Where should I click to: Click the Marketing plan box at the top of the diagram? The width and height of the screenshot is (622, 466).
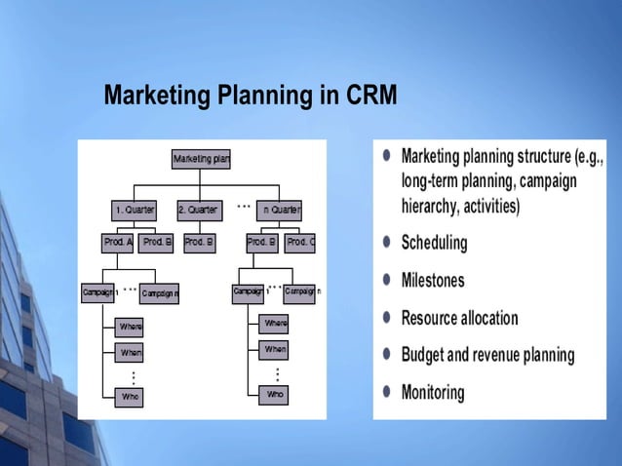tap(201, 158)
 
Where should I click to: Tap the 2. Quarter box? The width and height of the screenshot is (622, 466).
tap(199, 211)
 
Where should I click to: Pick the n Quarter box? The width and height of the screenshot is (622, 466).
tap(279, 211)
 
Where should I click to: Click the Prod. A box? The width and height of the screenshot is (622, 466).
tap(117, 242)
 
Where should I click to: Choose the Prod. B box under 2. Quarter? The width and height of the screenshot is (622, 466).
tap(199, 242)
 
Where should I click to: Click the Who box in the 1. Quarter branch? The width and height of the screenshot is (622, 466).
tap(130, 397)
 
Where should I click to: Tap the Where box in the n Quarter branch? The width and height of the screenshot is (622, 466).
tap(275, 323)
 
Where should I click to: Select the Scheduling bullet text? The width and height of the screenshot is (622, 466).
tap(434, 243)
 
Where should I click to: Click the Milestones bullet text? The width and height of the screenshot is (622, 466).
tap(433, 281)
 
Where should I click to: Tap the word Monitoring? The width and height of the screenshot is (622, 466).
tap(433, 393)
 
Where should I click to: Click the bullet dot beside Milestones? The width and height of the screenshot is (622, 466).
tap(387, 281)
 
